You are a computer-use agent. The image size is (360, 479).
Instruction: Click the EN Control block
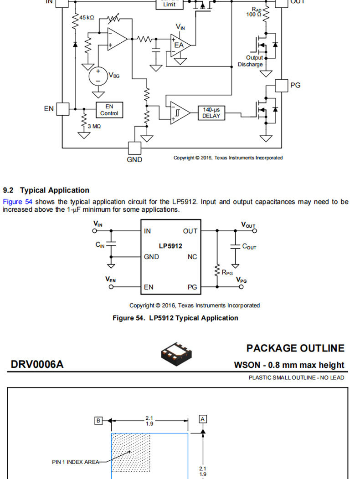(x=109, y=110)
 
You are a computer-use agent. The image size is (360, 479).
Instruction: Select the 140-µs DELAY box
(x=211, y=113)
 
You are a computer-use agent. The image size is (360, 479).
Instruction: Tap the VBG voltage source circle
(x=98, y=76)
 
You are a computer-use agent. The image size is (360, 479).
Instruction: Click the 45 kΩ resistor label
(x=87, y=18)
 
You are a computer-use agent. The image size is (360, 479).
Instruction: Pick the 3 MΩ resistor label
(x=94, y=126)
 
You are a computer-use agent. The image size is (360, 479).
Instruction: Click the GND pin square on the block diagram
(x=134, y=148)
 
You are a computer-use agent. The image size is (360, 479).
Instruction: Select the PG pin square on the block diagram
(x=282, y=86)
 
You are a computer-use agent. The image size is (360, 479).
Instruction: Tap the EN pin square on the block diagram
(x=63, y=109)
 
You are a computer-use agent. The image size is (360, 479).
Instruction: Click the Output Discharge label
(x=251, y=61)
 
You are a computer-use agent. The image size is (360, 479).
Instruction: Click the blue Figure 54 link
(x=17, y=202)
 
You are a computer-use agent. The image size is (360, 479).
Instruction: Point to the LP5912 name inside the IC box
(x=170, y=246)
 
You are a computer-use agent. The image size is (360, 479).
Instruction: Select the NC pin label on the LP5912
(x=192, y=257)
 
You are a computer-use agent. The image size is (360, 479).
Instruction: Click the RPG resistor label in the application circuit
(x=227, y=272)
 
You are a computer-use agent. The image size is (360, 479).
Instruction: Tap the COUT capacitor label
(x=249, y=246)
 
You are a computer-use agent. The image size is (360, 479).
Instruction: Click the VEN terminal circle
(x=111, y=287)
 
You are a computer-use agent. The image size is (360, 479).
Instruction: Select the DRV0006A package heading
(x=37, y=364)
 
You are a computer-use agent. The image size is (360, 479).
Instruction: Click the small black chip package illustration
(x=176, y=354)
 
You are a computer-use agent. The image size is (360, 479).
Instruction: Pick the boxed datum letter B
(x=98, y=421)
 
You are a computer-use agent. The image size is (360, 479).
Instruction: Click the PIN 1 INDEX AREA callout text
(x=76, y=462)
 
